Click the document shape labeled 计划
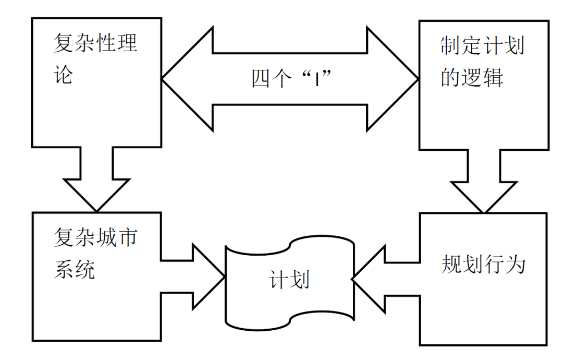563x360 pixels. (289, 303)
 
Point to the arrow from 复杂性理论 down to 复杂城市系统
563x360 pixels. (96, 177)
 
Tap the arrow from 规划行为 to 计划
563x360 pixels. (386, 279)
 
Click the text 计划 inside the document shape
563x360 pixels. (289, 280)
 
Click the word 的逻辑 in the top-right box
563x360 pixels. (472, 77)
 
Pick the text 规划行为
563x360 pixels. (483, 265)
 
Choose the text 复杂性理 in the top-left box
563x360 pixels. (96, 43)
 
